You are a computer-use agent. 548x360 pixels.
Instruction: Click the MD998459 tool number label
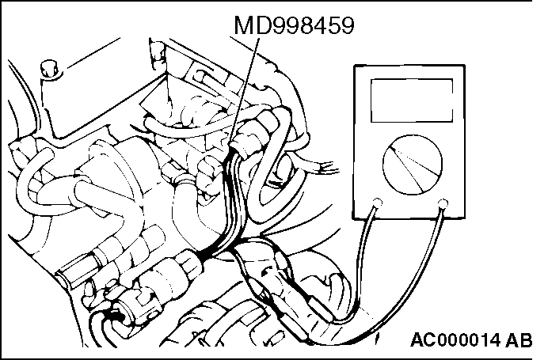click(292, 26)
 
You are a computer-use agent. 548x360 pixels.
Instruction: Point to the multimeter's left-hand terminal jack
click(379, 203)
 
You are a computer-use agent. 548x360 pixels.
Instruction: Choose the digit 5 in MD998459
click(333, 26)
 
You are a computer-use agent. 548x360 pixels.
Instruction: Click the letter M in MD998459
click(242, 26)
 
